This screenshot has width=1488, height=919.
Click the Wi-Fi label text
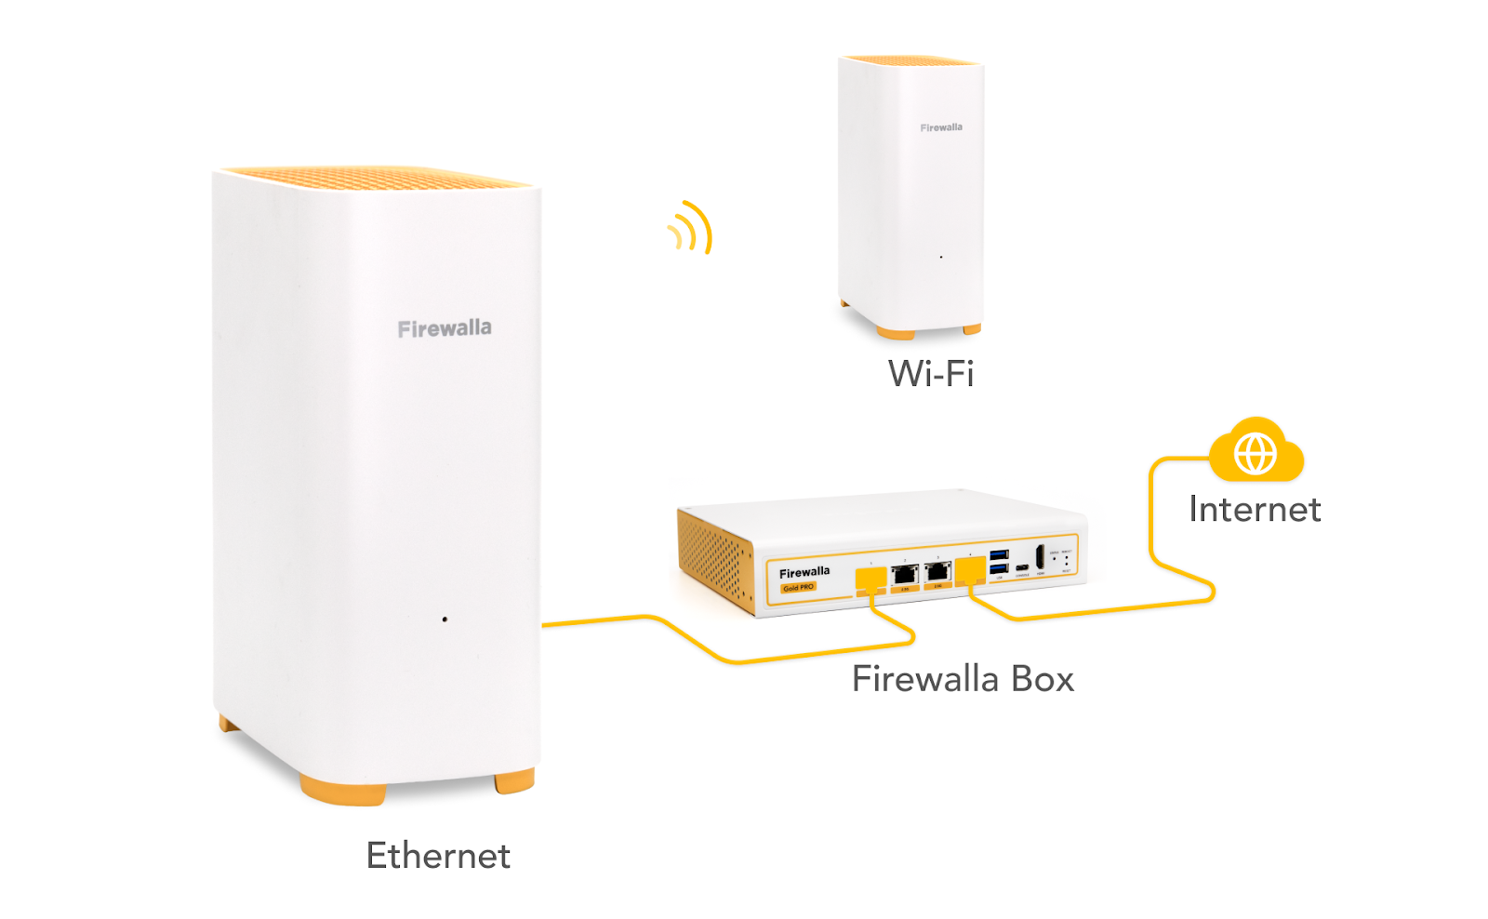tap(931, 374)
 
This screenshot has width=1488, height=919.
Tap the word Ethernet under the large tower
tap(438, 856)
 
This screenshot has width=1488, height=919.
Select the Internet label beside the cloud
tap(1255, 510)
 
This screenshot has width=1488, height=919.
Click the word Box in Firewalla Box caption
tap(1043, 679)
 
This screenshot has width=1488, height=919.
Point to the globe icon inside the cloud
tap(1255, 455)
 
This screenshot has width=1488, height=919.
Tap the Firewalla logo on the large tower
tap(445, 328)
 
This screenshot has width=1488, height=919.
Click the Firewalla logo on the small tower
tap(941, 127)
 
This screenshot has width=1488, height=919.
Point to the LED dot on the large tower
tap(445, 619)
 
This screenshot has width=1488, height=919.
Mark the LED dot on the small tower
tap(941, 257)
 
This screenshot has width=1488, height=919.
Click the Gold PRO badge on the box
tap(798, 587)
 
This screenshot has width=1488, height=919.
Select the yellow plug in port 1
tap(870, 579)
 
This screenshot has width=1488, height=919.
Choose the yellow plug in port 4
tap(970, 569)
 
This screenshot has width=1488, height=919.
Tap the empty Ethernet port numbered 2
tap(905, 575)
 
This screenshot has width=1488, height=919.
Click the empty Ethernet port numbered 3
tap(937, 571)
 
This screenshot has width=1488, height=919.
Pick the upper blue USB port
tap(999, 555)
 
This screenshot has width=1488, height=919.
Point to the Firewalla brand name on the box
tap(804, 572)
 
